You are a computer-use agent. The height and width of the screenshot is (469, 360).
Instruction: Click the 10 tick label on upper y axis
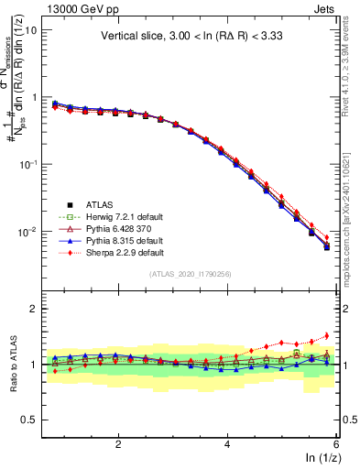[x=28, y=30]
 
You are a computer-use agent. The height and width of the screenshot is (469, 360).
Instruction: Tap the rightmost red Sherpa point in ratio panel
[x=327, y=335]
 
